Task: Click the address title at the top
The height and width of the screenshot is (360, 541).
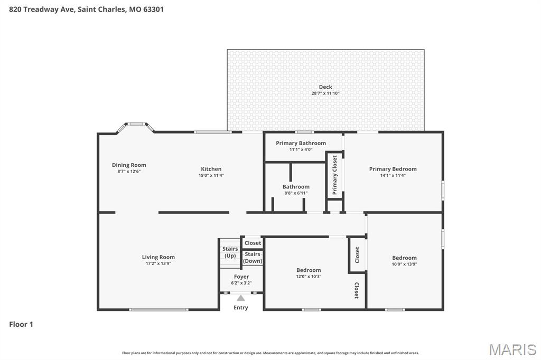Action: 86,10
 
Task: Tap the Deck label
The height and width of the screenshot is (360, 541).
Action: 325,87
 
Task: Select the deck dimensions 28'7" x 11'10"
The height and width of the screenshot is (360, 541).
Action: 325,93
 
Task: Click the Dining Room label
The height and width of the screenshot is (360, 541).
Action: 129,165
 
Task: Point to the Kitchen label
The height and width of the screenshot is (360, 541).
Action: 211,169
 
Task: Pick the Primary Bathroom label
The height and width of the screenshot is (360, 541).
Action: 301,143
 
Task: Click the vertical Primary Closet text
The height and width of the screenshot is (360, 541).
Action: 334,175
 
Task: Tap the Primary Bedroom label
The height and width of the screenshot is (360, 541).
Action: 393,169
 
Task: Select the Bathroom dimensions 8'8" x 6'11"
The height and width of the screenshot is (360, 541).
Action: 296,193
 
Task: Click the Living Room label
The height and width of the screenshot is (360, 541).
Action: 158,257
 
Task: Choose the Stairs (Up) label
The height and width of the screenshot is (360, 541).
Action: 230,252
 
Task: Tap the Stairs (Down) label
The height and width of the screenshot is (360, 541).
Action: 253,258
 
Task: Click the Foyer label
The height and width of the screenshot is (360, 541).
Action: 241,277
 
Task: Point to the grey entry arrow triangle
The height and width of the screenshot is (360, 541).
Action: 241,298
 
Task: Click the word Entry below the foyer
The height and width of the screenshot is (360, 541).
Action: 241,308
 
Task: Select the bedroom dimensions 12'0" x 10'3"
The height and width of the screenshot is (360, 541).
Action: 309,277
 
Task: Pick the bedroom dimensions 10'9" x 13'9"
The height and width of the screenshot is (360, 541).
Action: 404,264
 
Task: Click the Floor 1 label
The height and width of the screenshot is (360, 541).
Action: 21,324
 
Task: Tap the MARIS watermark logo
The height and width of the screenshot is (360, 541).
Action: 512,349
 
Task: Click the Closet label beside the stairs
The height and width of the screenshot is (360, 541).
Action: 253,243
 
